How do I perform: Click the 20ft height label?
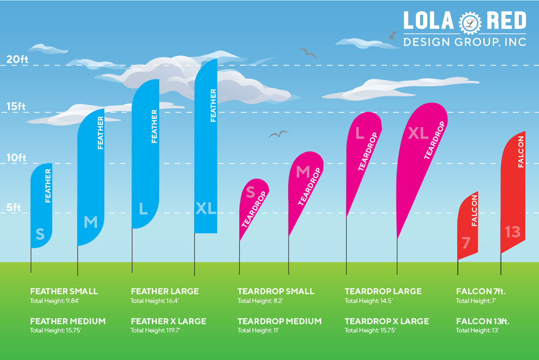pyautogui.click(x=17, y=60)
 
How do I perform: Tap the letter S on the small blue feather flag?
pyautogui.click(x=40, y=234)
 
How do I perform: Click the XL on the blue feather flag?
pyautogui.click(x=206, y=208)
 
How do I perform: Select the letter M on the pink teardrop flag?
pyautogui.click(x=303, y=171)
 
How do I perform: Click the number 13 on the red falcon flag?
pyautogui.click(x=512, y=232)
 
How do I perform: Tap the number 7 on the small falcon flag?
pyautogui.click(x=466, y=243)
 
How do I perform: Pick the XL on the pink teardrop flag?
pyautogui.click(x=418, y=133)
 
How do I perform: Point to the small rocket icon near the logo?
pyautogui.click(x=392, y=35)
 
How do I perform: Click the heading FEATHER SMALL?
pyautogui.click(x=64, y=291)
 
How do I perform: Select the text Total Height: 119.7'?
pyautogui.click(x=155, y=330)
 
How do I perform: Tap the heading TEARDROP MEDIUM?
pyautogui.click(x=279, y=321)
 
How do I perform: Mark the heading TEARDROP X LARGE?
pyautogui.click(x=387, y=321)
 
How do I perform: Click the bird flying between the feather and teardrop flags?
pyautogui.click(x=278, y=134)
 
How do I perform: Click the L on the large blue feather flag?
pyautogui.click(x=143, y=208)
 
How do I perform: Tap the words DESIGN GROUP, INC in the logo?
pyautogui.click(x=464, y=42)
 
